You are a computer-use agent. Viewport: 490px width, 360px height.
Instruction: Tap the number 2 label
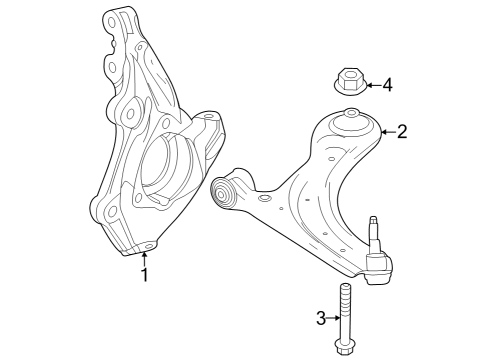pos(402,131)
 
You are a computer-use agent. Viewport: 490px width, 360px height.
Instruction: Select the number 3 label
pos(321,318)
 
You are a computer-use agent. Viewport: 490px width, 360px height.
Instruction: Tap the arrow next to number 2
pos(386,131)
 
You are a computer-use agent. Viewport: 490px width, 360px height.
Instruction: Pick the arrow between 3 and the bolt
pos(335,318)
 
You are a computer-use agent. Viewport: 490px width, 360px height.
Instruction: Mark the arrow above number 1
pos(144,258)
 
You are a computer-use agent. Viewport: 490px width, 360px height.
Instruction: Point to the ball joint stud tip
pos(373,221)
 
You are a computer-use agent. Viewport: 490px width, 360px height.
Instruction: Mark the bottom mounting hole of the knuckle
pos(149,245)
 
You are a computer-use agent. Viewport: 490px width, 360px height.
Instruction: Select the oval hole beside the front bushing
pos(265,200)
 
